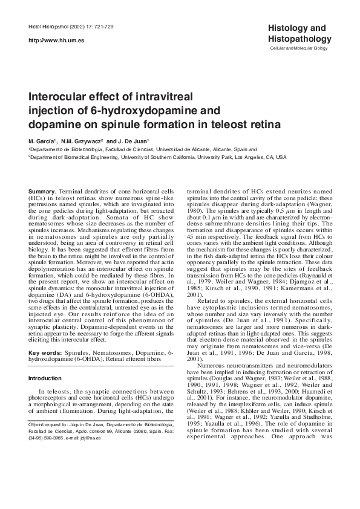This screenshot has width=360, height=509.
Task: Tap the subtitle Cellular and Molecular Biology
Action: tap(298, 47)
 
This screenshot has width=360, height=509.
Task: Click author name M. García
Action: tap(42, 140)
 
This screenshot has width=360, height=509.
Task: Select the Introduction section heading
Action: tap(45, 378)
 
